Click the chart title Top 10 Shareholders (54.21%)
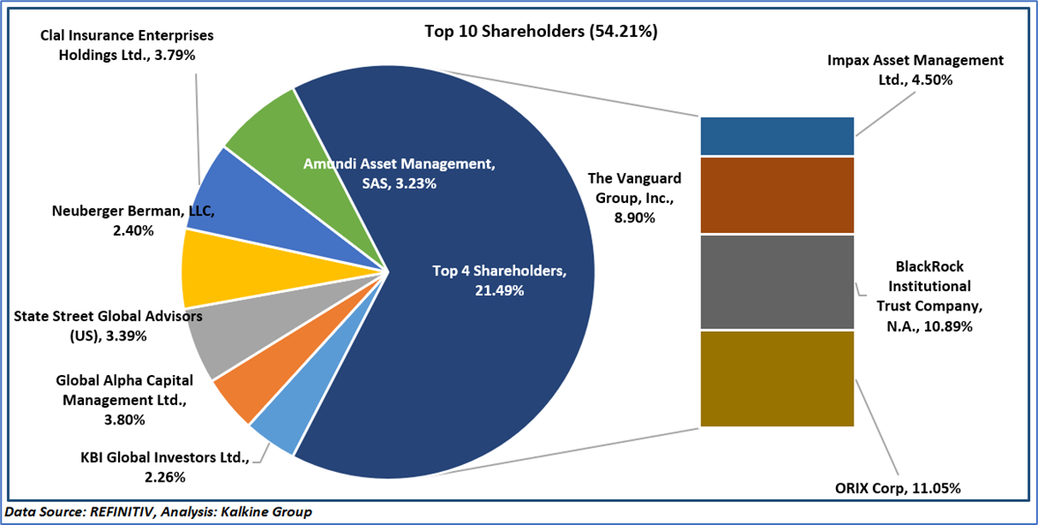[541, 32]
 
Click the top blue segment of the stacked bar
[777, 136]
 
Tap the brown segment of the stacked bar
[777, 194]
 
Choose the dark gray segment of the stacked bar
[777, 281]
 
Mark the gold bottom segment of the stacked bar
[777, 379]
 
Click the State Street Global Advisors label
[108, 325]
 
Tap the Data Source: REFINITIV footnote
[159, 512]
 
